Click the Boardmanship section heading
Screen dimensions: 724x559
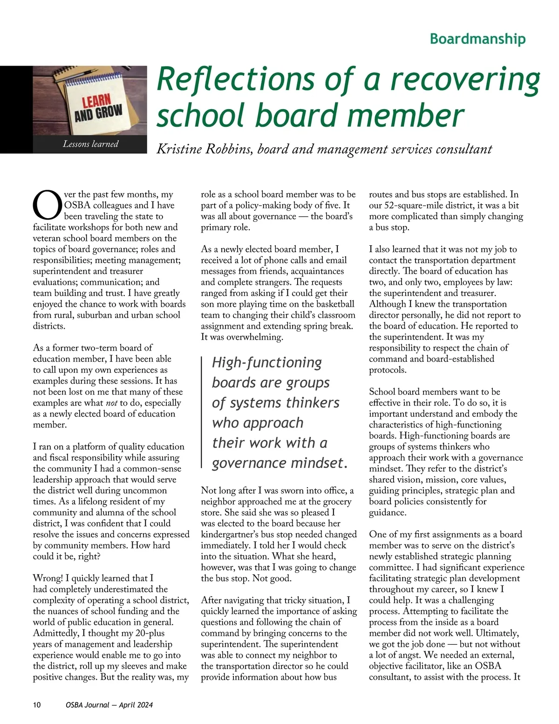click(477, 39)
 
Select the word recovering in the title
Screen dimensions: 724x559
click(465, 79)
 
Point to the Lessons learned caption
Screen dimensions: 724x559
click(90, 144)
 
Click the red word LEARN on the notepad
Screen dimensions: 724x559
click(96, 100)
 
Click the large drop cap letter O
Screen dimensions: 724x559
click(47, 205)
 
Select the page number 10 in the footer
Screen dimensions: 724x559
click(37, 705)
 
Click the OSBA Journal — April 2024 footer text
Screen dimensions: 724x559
click(109, 705)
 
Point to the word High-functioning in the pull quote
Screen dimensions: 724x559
click(267, 363)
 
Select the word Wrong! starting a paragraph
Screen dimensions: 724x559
click(48, 579)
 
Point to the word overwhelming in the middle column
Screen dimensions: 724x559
click(254, 337)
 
